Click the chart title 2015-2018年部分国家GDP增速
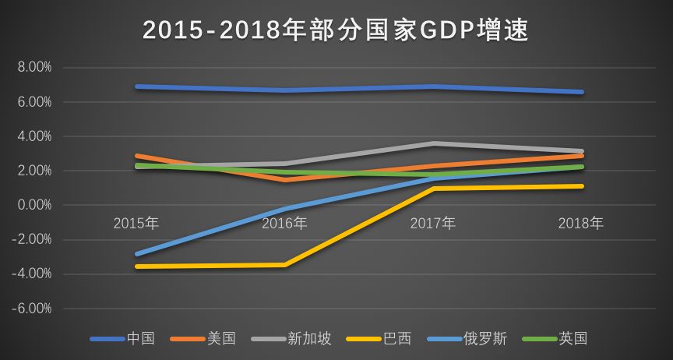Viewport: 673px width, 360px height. pyautogui.click(x=336, y=30)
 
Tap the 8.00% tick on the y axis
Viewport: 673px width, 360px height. pyautogui.click(x=34, y=68)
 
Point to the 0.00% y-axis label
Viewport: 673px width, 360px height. pyautogui.click(x=34, y=205)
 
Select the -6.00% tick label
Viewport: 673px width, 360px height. pyautogui.click(x=33, y=309)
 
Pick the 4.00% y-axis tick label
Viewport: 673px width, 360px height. pyautogui.click(x=34, y=136)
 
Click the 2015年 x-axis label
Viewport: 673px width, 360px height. pyautogui.click(x=136, y=224)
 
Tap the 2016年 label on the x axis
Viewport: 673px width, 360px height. pyautogui.click(x=284, y=224)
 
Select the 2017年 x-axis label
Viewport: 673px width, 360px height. pyautogui.click(x=433, y=224)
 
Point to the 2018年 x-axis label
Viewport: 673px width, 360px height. pyautogui.click(x=581, y=224)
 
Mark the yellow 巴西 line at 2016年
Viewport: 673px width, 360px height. pyautogui.click(x=284, y=265)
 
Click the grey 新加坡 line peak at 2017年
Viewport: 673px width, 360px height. pyautogui.click(x=433, y=143)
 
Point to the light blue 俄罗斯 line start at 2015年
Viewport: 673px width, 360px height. pyautogui.click(x=137, y=254)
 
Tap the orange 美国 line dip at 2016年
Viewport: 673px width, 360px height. pyautogui.click(x=284, y=180)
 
